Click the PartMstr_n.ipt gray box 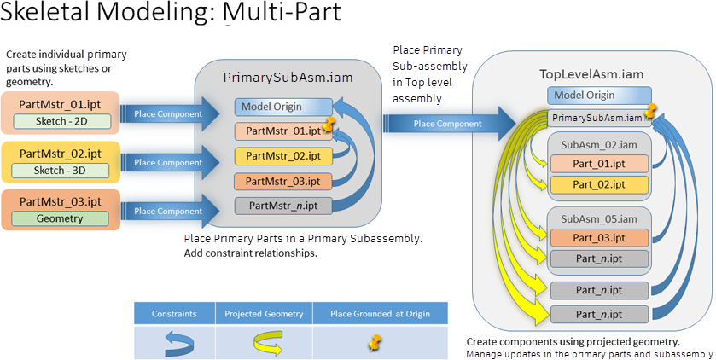click(283, 205)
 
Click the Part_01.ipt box click(599, 163)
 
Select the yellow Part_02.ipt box click(599, 184)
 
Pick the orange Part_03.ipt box click(599, 236)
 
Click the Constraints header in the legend click(174, 314)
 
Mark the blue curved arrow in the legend click(174, 343)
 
